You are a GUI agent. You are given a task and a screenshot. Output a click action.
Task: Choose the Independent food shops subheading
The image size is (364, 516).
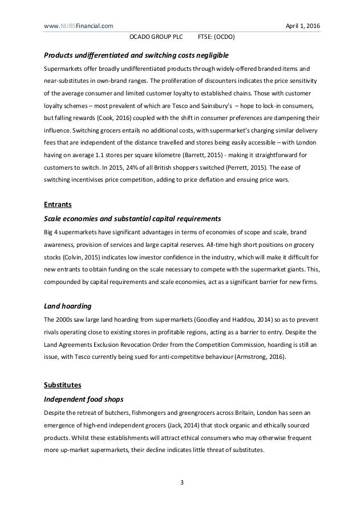click(88, 397)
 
